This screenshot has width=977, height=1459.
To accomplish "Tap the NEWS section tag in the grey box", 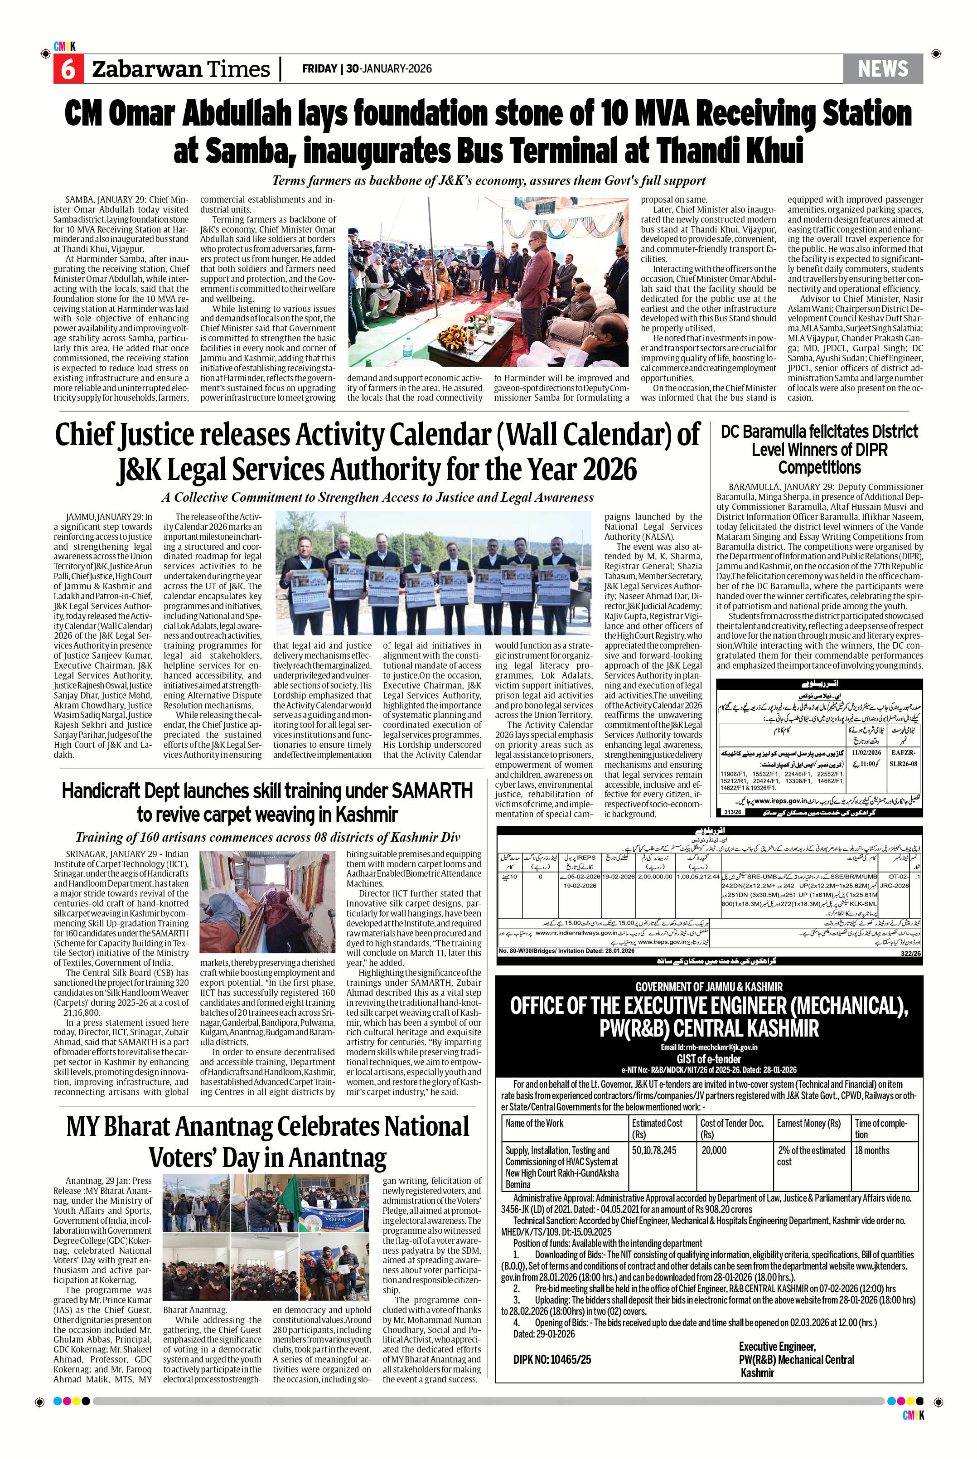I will coord(882,68).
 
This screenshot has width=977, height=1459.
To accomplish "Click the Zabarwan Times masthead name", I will coord(181,69).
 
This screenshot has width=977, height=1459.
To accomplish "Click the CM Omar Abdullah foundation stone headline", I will coord(488,131).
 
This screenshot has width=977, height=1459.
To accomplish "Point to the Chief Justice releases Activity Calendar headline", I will coord(377,452).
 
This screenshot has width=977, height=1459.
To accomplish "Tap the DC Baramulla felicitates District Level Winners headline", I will coord(819,449).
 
